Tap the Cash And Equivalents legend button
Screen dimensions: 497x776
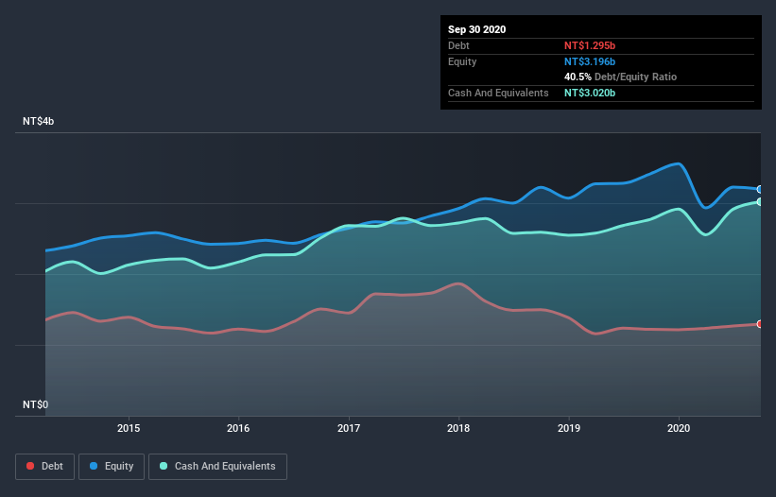point(217,466)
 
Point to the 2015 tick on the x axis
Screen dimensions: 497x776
point(129,428)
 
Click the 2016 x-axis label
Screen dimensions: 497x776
point(239,428)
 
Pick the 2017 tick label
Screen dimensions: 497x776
point(349,428)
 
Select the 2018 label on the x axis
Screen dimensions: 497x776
point(459,428)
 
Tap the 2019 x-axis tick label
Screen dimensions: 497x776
point(569,428)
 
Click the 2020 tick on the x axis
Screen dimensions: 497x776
point(679,428)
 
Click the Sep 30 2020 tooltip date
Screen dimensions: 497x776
point(476,29)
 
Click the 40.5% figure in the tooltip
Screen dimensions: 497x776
point(578,77)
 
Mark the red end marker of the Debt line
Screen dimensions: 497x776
point(760,324)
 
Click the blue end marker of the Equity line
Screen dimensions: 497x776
point(760,189)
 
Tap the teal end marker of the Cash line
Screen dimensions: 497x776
point(760,202)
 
